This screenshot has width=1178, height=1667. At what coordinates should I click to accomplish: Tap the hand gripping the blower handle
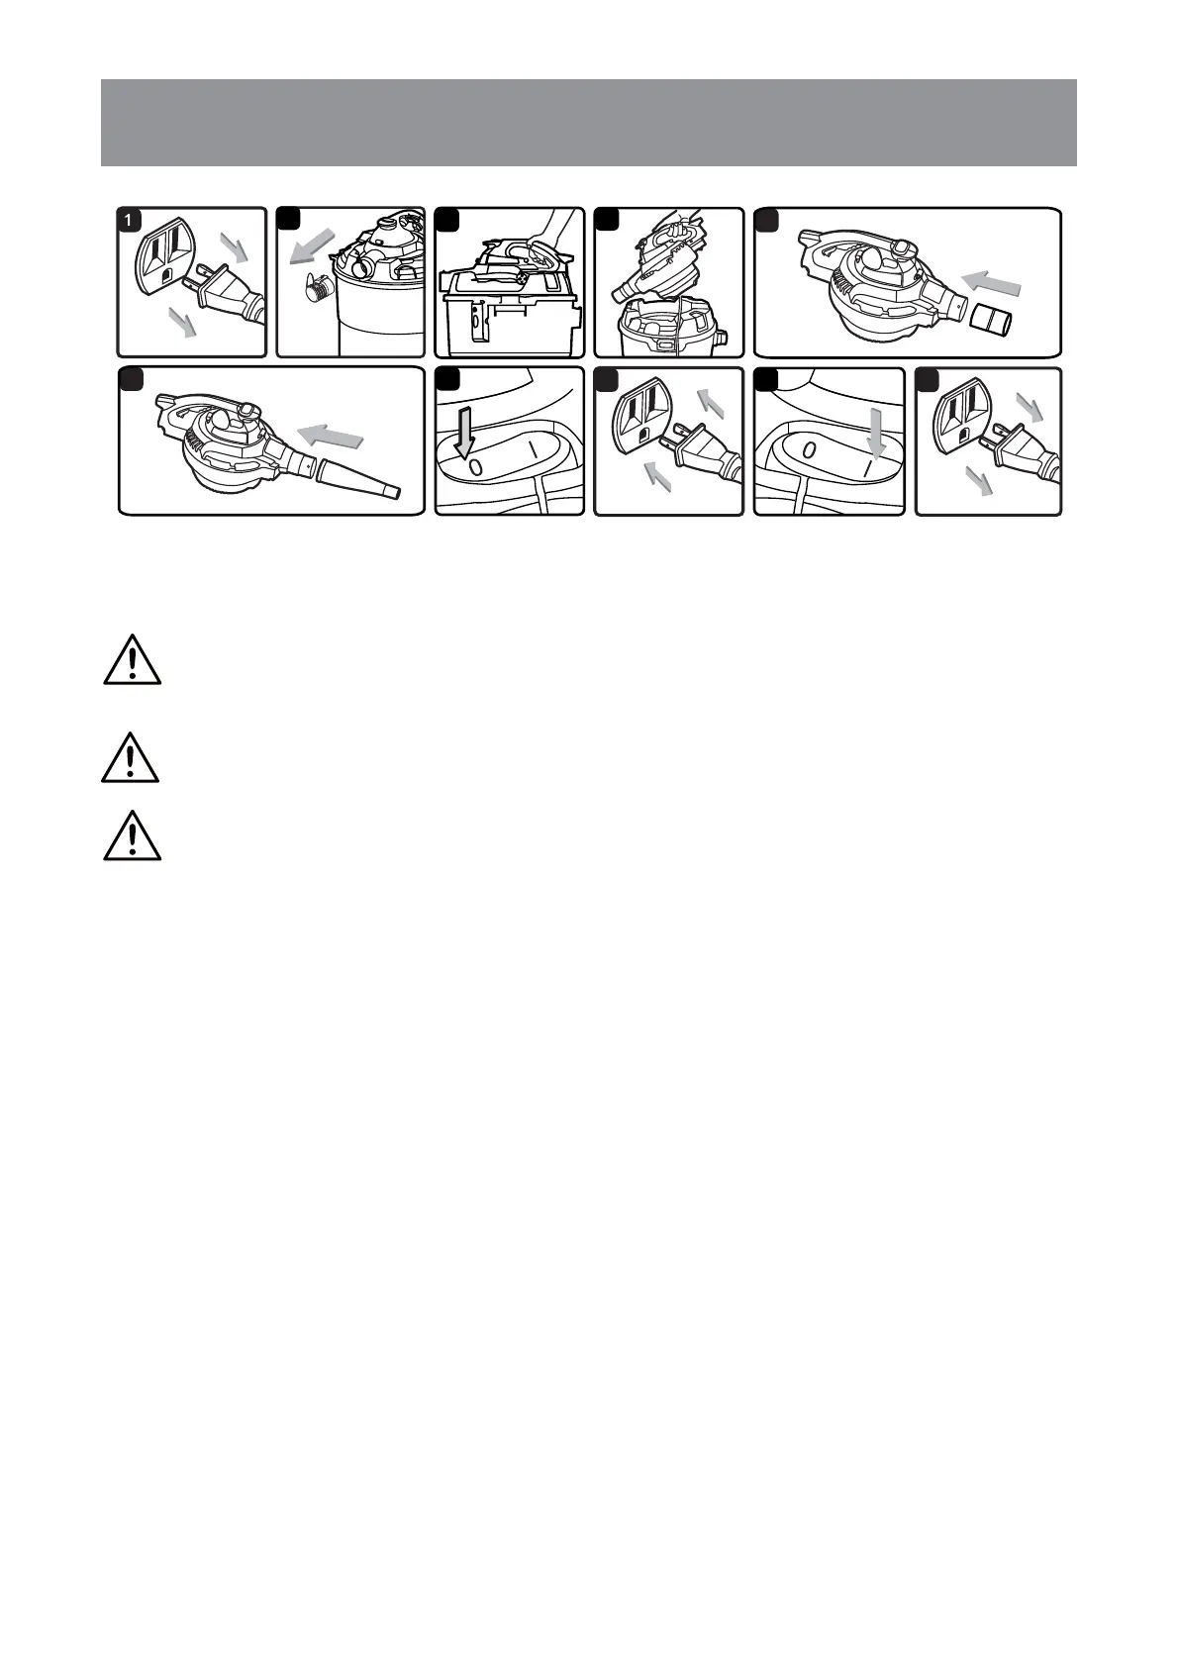pos(543,243)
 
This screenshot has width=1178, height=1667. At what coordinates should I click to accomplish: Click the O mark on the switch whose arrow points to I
pos(809,451)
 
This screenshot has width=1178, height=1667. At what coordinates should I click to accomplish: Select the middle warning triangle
pos(130,758)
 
